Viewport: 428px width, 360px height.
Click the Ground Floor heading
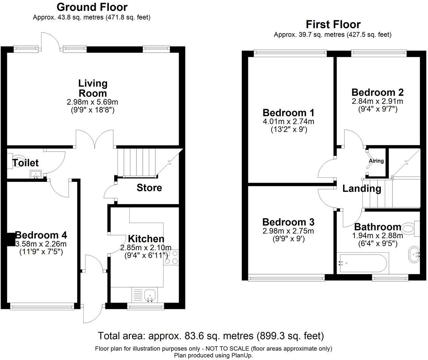coord(92,7)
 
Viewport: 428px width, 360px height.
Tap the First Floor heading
coord(333,24)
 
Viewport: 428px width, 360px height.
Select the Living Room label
coord(93,88)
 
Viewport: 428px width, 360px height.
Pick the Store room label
coord(149,188)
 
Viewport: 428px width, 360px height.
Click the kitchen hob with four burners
coord(171,257)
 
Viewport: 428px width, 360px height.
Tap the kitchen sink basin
coord(150,296)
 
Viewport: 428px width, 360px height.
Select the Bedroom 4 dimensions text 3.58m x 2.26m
coord(41,244)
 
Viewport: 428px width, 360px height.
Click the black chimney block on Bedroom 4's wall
coord(11,239)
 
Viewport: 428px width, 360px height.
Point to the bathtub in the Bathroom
coord(363,263)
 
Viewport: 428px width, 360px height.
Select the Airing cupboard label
coord(376,161)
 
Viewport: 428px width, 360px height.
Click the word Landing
coord(362,189)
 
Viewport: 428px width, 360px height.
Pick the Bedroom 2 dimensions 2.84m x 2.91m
coord(377,101)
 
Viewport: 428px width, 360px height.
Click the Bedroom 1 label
coord(288,113)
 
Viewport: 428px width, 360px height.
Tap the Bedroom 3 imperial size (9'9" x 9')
coord(288,239)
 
